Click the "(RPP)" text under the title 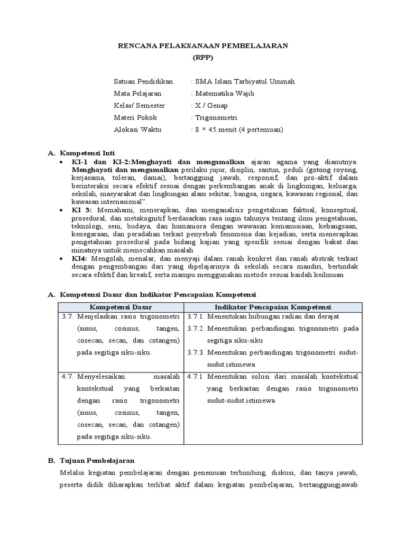(202, 58)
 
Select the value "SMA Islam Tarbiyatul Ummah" (245, 82)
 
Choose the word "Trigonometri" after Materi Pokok (216, 117)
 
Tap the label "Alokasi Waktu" (137, 129)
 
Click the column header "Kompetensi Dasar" (121, 307)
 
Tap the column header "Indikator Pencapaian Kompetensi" (273, 307)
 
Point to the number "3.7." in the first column (67, 316)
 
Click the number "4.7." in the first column (67, 377)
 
